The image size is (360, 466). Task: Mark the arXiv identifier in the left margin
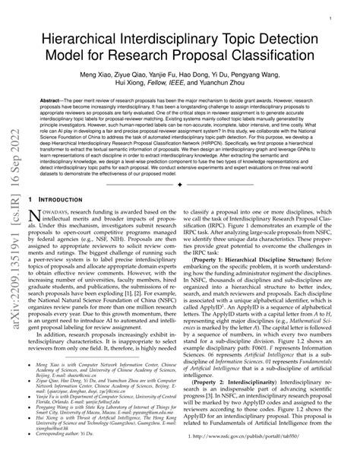(x=14, y=228)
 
